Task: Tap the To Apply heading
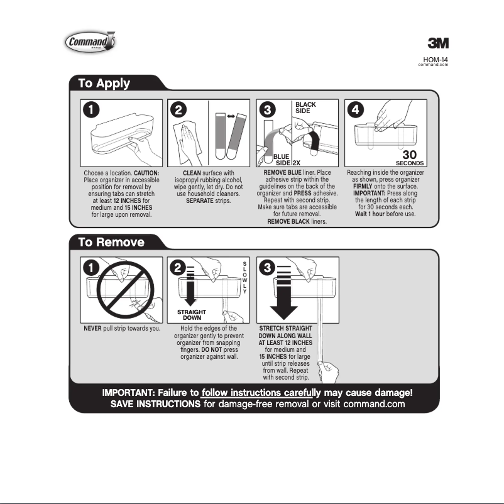(x=104, y=83)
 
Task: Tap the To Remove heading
(x=111, y=242)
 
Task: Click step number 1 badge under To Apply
(x=92, y=109)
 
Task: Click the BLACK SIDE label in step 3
(x=306, y=107)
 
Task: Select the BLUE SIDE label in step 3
(x=280, y=160)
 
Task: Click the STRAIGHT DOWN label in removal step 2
(x=187, y=315)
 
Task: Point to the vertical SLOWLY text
(x=244, y=277)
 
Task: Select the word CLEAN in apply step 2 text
(x=192, y=173)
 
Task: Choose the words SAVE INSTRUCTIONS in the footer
(x=155, y=404)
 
